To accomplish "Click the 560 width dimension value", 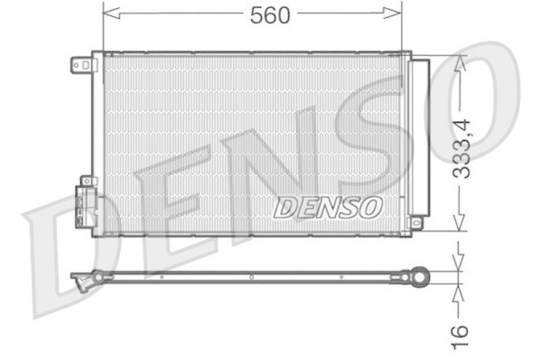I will click(270, 16).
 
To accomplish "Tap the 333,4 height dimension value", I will click(462, 148).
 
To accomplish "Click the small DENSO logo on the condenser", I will click(328, 208).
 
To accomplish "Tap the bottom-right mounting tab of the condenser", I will click(416, 223).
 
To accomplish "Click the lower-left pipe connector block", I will click(86, 205).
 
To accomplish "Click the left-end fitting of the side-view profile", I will click(85, 279).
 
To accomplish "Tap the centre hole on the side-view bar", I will click(251, 276).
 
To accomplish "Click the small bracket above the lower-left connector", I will click(87, 181).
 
